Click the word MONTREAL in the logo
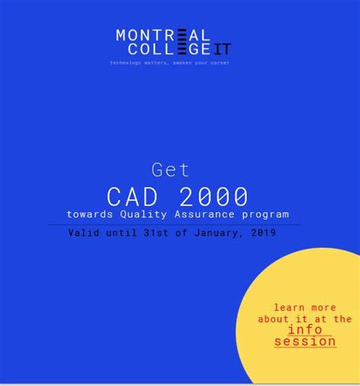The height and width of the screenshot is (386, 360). pyautogui.click(x=163, y=35)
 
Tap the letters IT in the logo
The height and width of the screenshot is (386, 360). pyautogui.click(x=223, y=49)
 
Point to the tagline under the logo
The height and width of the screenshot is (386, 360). pyautogui.click(x=169, y=62)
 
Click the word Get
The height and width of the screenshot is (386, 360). pyautogui.click(x=170, y=169)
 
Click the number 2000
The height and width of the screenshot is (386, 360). pyautogui.click(x=213, y=197)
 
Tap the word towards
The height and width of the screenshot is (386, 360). pyautogui.click(x=90, y=215)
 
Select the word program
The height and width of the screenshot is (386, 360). pyautogui.click(x=264, y=215)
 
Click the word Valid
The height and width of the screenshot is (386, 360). pyautogui.click(x=84, y=233)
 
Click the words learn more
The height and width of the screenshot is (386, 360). pyautogui.click(x=305, y=308)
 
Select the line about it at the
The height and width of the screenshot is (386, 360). pyautogui.click(x=305, y=319)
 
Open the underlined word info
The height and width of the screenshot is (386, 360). pyautogui.click(x=305, y=330)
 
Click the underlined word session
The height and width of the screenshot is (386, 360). pyautogui.click(x=305, y=341)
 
